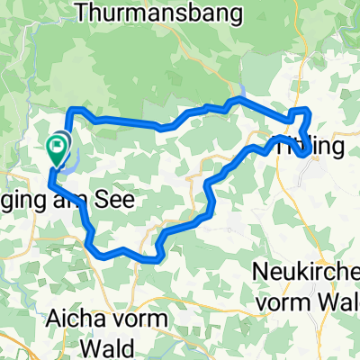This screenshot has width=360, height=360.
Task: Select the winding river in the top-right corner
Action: pos(342,27)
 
